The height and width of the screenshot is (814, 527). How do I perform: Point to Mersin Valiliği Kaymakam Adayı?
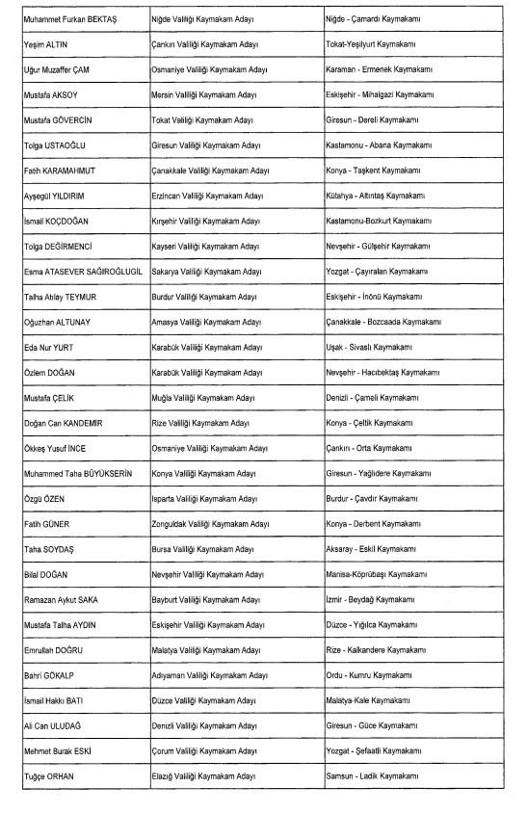click(x=203, y=95)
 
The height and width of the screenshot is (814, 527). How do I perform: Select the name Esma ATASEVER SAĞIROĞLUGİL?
click(x=83, y=272)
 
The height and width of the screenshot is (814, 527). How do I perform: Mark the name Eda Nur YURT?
click(x=50, y=347)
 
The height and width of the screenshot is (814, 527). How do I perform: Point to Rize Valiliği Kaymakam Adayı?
click(x=200, y=423)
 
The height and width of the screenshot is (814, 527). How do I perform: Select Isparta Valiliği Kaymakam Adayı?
click(x=204, y=498)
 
